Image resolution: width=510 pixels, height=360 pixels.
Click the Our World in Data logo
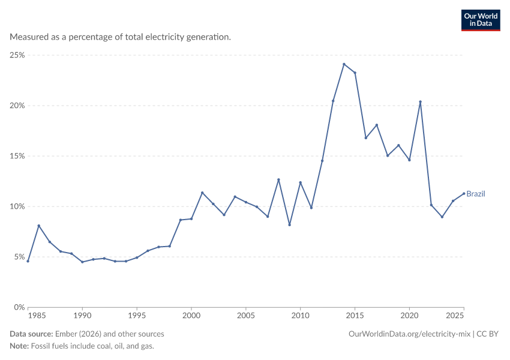point(481,20)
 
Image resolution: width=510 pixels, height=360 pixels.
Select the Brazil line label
point(476,194)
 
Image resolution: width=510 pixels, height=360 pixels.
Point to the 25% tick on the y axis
point(17,55)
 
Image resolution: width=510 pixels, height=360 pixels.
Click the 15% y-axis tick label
point(17,156)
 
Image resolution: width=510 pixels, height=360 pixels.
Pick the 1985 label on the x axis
point(37,316)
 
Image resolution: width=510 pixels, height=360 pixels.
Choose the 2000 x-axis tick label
point(191,316)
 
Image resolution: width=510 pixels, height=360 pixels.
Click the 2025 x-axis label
point(454,316)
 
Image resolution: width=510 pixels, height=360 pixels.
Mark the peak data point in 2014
point(344,64)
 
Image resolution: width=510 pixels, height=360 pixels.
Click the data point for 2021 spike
point(420,102)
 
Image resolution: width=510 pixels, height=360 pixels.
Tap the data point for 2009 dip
point(289,225)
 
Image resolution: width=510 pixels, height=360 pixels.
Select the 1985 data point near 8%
point(39,226)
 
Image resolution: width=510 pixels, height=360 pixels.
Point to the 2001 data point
point(202,193)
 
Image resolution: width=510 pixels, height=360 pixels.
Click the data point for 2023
point(442,217)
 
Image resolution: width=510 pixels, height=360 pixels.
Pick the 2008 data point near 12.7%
point(278,179)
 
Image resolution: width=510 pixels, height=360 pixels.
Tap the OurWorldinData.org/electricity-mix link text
point(409,334)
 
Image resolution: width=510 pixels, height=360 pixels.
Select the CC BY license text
point(487,334)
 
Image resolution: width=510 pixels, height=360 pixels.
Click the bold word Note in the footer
point(19,346)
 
